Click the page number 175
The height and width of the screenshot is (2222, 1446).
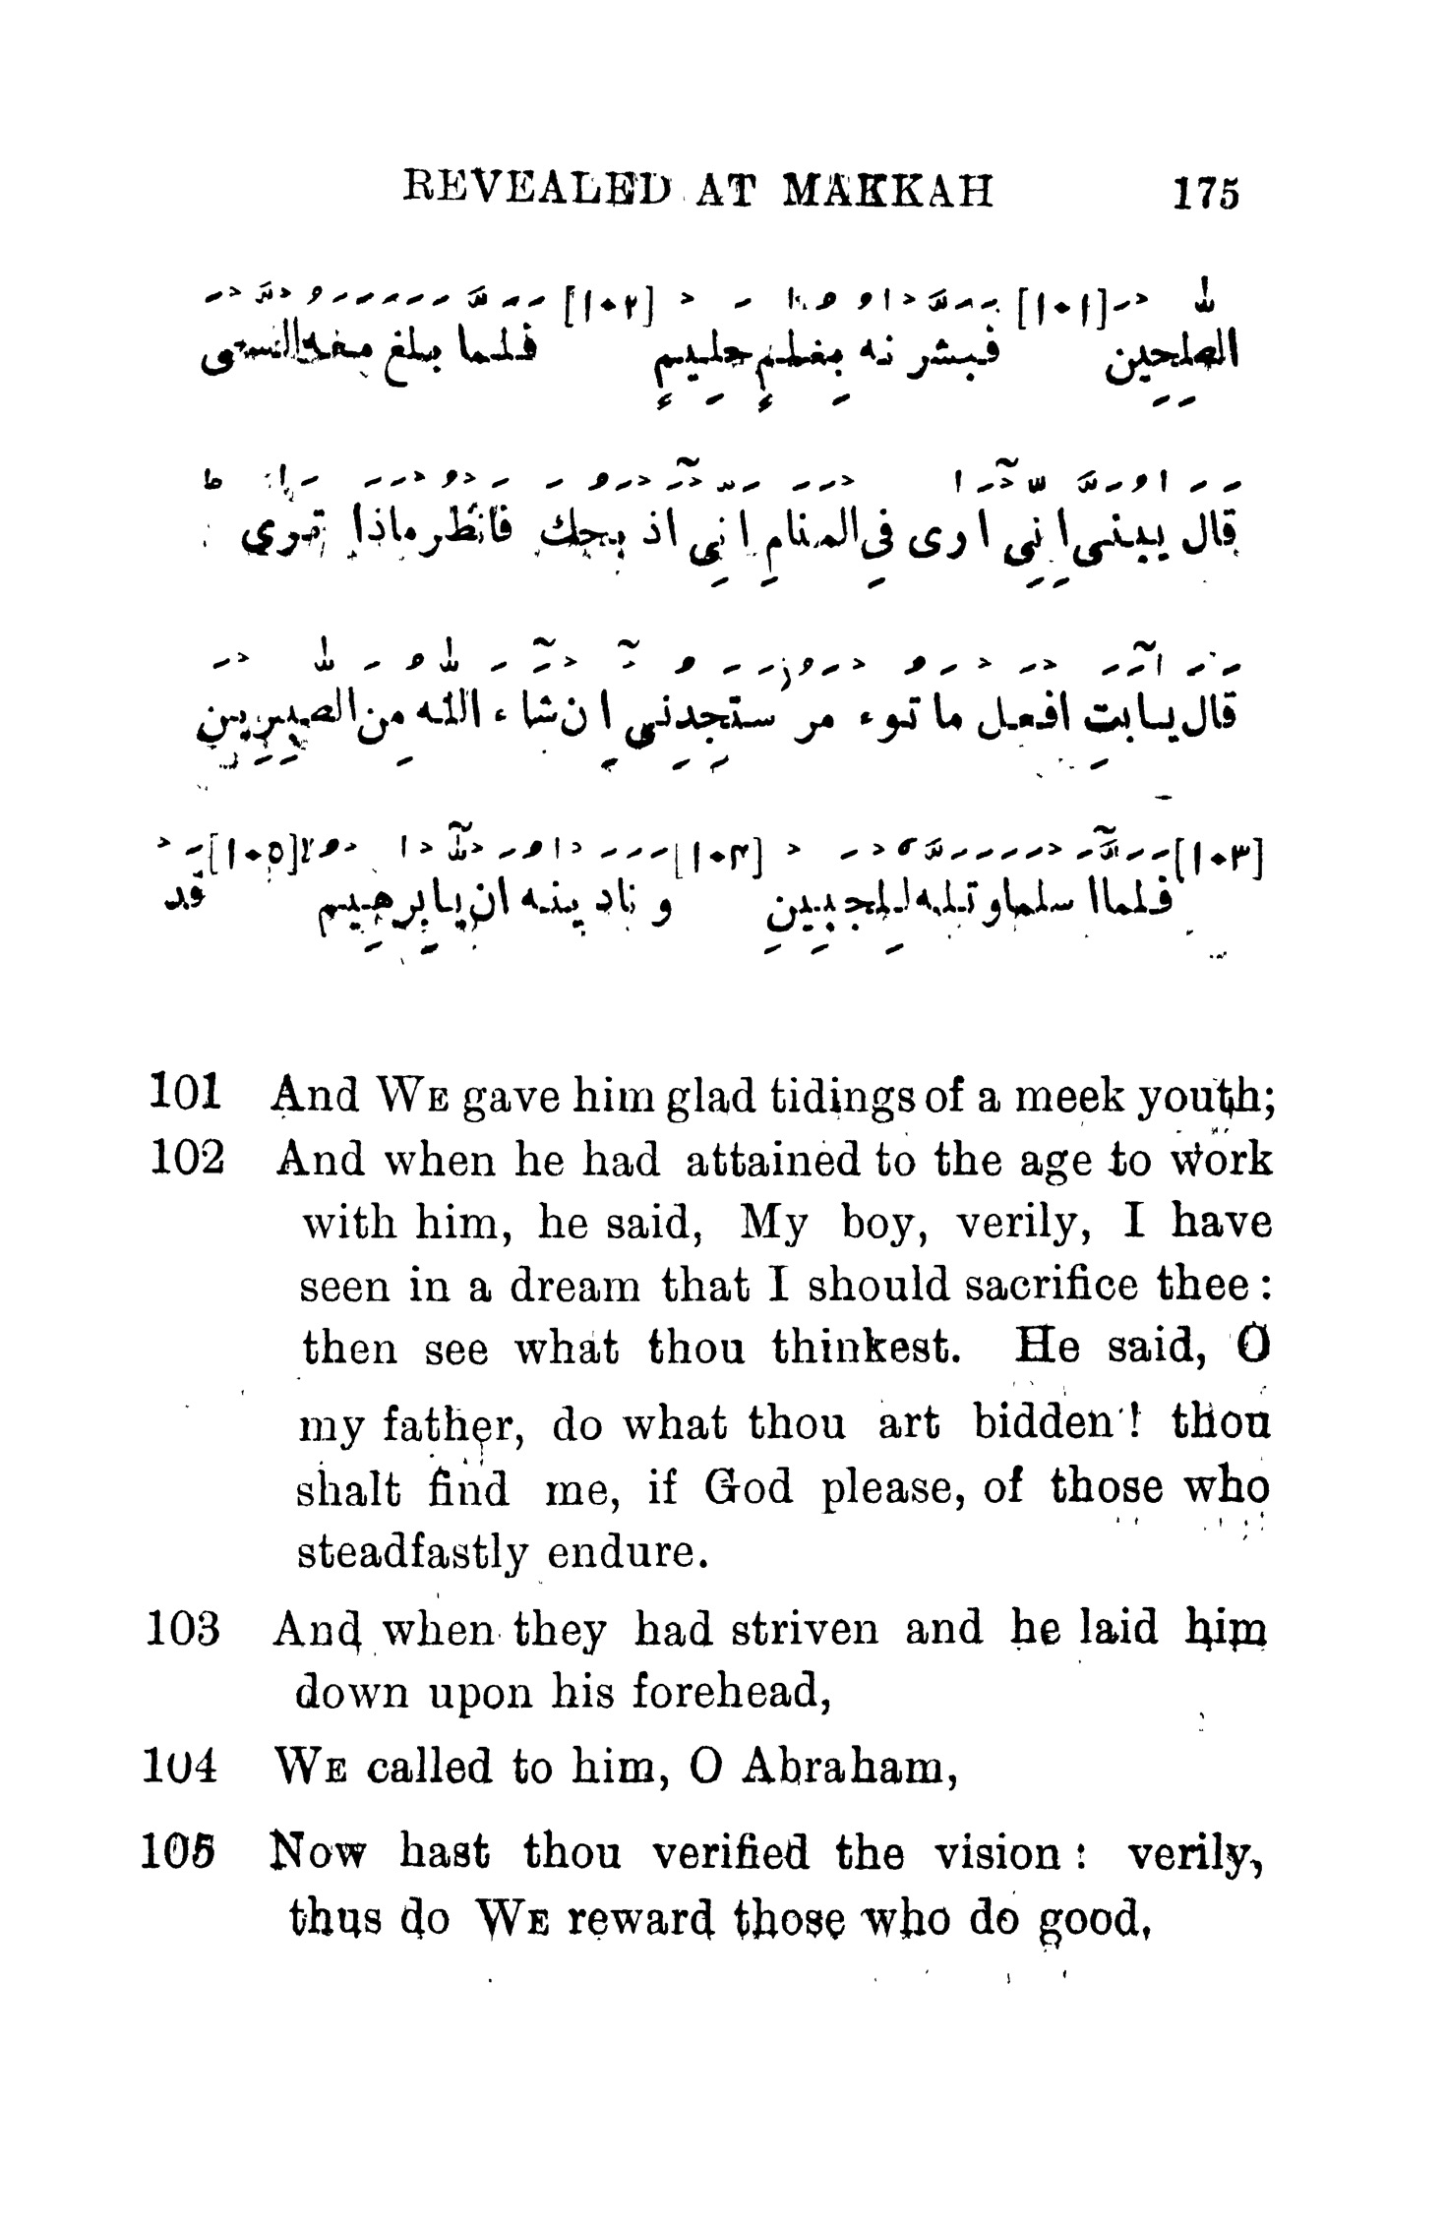pyautogui.click(x=1203, y=193)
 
